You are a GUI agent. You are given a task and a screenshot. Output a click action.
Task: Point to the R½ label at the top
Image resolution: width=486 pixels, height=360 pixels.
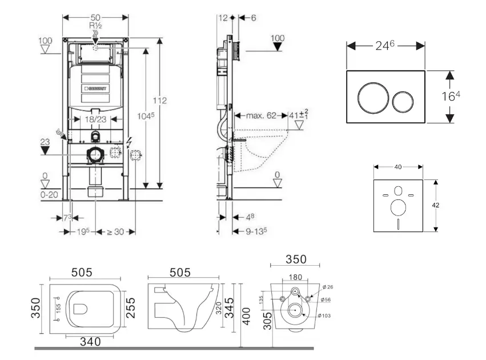coord(95,26)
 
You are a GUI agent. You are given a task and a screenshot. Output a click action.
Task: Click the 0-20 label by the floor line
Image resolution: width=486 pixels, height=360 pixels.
coord(49,194)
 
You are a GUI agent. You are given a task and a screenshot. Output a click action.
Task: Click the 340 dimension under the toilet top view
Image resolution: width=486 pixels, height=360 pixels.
coord(90,342)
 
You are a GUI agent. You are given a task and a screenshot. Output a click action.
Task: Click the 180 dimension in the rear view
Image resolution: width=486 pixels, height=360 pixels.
coord(295,277)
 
